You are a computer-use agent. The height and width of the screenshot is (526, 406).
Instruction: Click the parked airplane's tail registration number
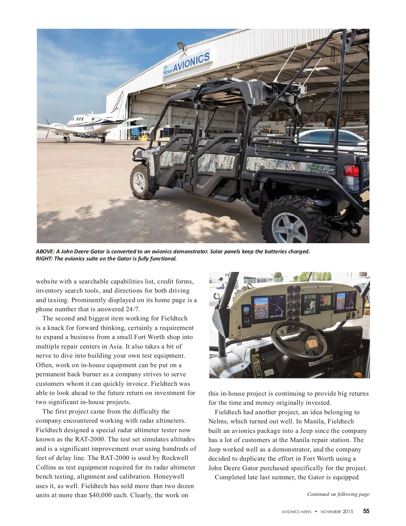coord(89,128)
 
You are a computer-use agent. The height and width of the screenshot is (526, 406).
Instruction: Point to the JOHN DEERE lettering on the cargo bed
coord(263,162)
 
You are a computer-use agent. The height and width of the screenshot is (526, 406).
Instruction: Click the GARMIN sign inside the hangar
coord(264,126)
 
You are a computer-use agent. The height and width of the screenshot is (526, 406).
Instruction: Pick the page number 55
coord(366,511)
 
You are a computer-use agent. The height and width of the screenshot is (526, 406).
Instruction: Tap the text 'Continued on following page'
coord(338,494)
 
